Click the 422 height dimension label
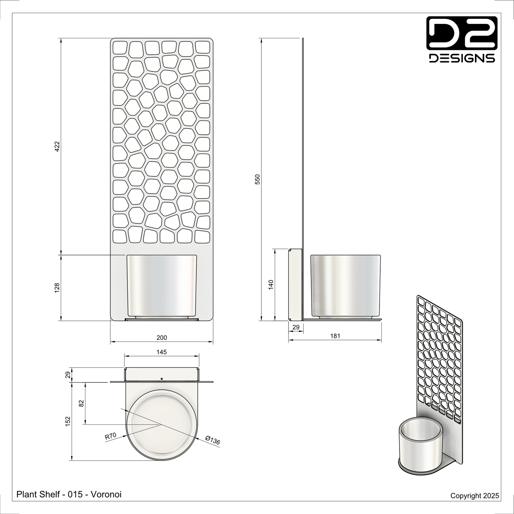click(57, 147)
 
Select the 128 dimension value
click(57, 288)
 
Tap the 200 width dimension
click(161, 338)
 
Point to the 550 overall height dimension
click(258, 179)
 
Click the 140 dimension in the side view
click(271, 285)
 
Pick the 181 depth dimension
click(335, 336)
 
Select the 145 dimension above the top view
click(161, 352)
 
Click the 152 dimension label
click(68, 421)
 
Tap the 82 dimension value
click(81, 403)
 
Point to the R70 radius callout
click(111, 436)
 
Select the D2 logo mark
click(462, 33)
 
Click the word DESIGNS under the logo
click(462, 58)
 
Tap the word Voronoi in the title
click(106, 494)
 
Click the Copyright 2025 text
click(475, 496)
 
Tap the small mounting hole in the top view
click(161, 378)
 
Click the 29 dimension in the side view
click(296, 327)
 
